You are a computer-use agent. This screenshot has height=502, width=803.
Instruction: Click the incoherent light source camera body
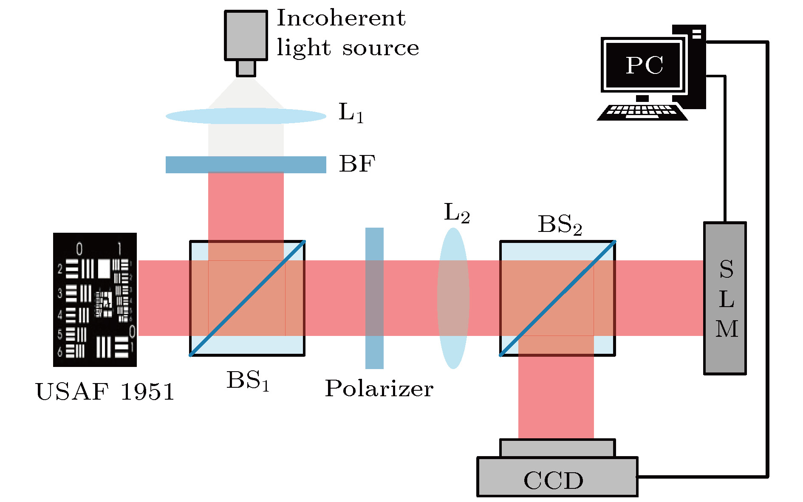[x=246, y=35]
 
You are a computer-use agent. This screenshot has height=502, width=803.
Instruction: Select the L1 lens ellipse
[x=246, y=116]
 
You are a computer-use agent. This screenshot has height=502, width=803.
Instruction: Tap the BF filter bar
[x=246, y=164]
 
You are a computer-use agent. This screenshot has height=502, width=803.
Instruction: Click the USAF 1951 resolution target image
[x=95, y=299]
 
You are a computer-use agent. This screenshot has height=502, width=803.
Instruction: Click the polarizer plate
[x=374, y=298]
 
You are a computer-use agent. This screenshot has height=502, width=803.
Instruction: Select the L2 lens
[x=453, y=298]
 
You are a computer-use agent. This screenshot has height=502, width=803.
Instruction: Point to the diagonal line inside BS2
[x=557, y=298]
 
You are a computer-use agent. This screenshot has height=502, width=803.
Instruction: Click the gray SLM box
[x=725, y=298]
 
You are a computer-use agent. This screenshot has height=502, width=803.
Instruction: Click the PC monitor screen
[x=644, y=65]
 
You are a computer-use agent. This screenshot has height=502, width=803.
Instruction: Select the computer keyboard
[x=642, y=113]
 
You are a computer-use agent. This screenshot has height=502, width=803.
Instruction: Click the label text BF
[x=357, y=164]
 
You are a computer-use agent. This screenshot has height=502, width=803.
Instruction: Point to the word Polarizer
[x=379, y=388]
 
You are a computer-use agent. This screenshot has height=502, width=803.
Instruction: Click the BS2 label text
[x=560, y=225]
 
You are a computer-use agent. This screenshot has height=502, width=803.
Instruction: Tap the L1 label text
[x=351, y=113]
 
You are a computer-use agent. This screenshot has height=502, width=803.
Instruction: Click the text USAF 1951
[x=105, y=392]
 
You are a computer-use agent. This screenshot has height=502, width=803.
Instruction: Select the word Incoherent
[x=341, y=18]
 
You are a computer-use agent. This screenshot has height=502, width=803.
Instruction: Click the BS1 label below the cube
[x=248, y=381]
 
